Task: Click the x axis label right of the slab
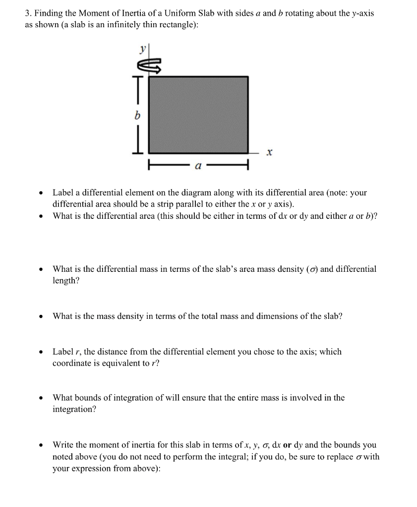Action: (268, 154)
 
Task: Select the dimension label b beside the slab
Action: (138, 115)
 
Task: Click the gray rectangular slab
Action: (198, 114)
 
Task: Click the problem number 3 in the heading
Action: (27, 13)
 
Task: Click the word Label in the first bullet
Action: (63, 192)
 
